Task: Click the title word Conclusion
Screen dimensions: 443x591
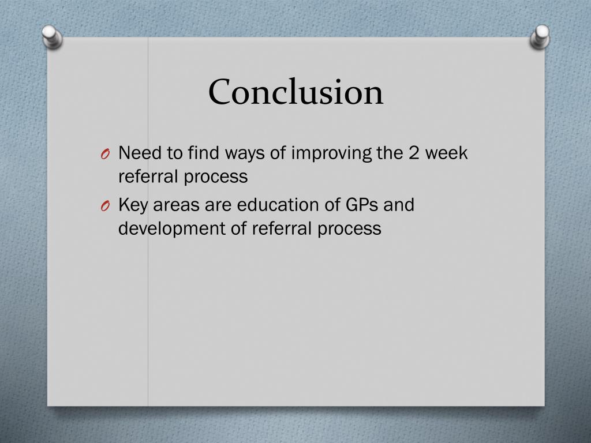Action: [295, 92]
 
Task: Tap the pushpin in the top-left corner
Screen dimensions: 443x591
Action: [52, 37]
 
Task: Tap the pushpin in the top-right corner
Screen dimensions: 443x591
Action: [540, 37]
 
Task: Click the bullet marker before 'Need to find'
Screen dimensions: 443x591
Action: [104, 155]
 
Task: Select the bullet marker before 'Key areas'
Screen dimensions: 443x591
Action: [104, 207]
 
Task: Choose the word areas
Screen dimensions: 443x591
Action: [173, 205]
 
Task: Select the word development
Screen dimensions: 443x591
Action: [174, 229]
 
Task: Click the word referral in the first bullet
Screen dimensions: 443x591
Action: [148, 177]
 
